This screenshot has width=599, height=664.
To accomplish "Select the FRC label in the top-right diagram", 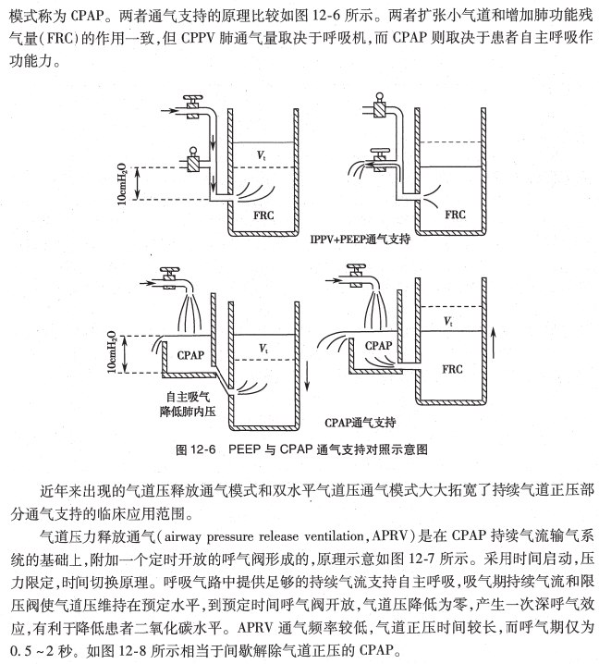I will (456, 214).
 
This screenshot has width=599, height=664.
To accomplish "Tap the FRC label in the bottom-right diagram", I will (453, 368).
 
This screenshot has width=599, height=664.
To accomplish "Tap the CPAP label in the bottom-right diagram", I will (379, 345).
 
